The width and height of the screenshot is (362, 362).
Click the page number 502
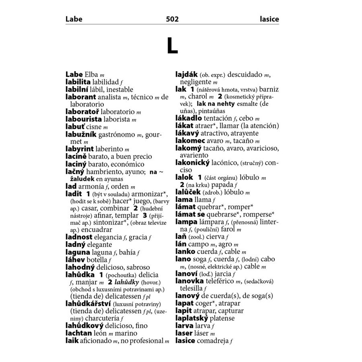click(172, 19)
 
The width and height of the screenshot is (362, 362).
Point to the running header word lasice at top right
click(269, 19)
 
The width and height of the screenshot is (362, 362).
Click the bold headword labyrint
click(80, 149)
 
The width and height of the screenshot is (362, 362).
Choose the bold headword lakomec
click(190, 141)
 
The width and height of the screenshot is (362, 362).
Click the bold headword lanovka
click(190, 281)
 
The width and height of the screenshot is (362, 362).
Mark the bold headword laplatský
click(192, 318)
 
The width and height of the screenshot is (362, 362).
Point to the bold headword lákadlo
click(189, 118)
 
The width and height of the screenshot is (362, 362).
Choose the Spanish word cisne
click(93, 127)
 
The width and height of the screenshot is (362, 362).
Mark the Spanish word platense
click(224, 318)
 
